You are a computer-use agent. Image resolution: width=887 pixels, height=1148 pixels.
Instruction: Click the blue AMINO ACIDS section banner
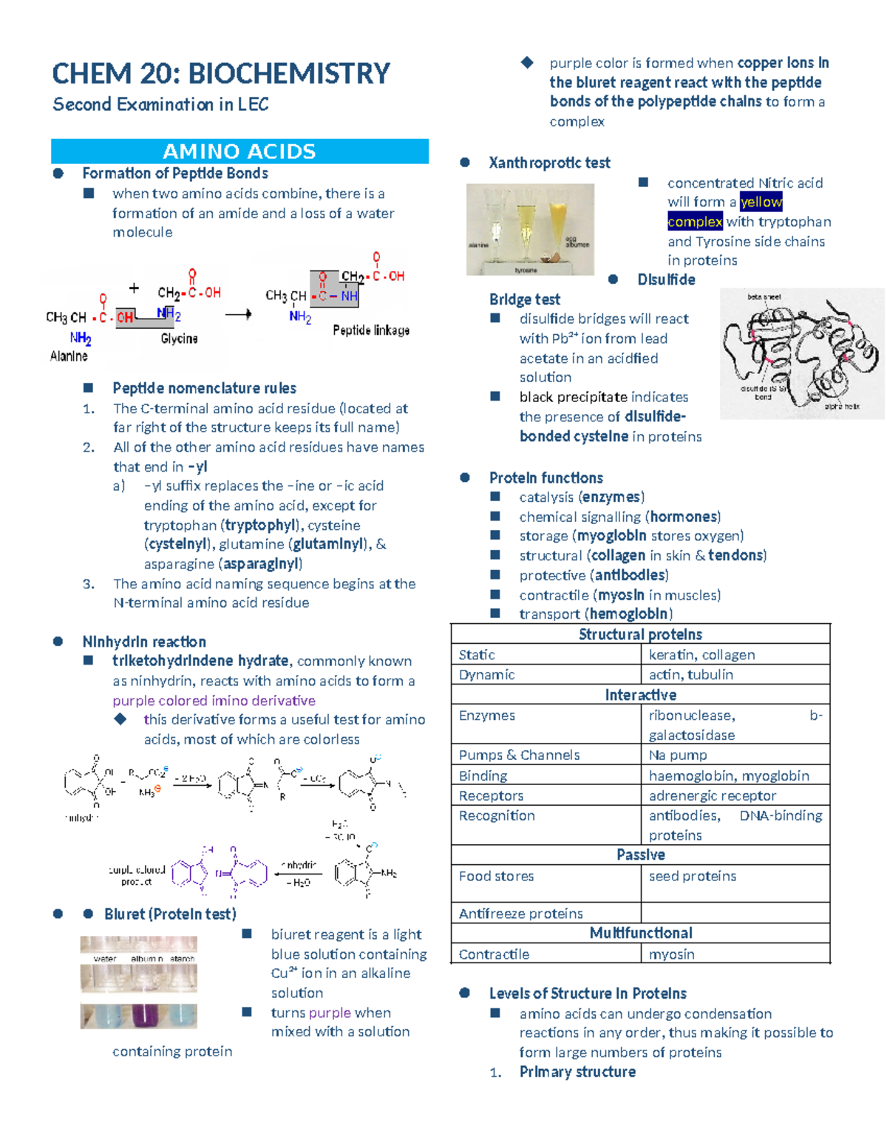[239, 152]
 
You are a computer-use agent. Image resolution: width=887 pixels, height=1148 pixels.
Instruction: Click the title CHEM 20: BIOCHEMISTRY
[221, 74]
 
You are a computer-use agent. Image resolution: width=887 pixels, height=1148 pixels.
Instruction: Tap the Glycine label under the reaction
[179, 339]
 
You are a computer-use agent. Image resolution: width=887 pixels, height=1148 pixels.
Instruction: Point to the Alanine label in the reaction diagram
[69, 356]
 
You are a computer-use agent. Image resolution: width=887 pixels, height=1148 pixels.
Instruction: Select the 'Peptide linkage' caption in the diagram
[371, 330]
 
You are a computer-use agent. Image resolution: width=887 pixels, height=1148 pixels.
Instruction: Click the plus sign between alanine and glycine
[134, 288]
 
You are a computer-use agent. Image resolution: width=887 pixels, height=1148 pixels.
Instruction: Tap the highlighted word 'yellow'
[761, 202]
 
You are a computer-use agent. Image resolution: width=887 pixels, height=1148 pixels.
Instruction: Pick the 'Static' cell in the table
[477, 655]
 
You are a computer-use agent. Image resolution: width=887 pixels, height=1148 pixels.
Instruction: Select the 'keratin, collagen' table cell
[701, 655]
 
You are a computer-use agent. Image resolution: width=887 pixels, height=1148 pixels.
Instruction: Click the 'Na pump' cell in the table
[678, 755]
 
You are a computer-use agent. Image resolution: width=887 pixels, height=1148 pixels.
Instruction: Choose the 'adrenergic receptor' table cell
[713, 795]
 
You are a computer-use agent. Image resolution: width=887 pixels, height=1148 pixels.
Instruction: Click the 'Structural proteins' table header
[640, 634]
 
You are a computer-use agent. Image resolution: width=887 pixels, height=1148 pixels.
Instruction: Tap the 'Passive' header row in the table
[640, 855]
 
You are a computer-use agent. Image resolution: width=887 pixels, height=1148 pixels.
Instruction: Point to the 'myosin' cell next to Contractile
[671, 954]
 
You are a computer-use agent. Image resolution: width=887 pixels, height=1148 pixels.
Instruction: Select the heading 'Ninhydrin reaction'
[144, 642]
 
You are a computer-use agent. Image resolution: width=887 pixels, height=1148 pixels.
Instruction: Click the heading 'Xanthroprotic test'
[549, 163]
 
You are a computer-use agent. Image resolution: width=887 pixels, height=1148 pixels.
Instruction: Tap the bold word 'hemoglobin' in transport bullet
[631, 614]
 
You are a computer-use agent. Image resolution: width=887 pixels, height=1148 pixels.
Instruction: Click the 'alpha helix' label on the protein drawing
[842, 406]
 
